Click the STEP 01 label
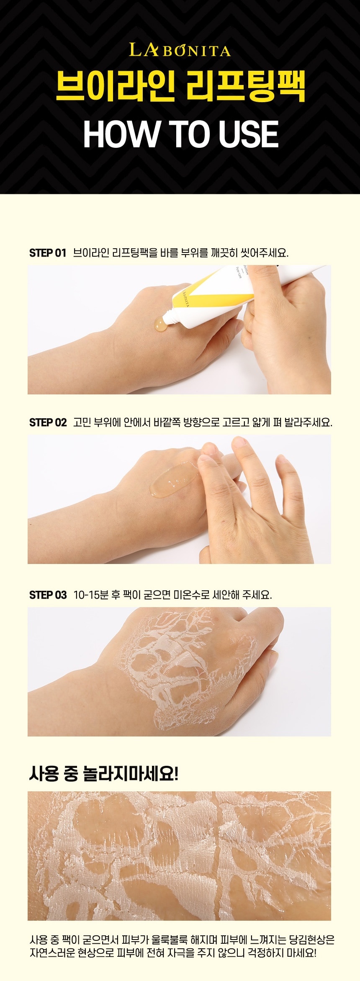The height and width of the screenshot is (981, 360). (x=48, y=253)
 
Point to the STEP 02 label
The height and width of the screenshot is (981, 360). (x=48, y=422)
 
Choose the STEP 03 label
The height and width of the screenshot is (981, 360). (x=48, y=595)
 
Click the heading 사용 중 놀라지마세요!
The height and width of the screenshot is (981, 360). (x=104, y=773)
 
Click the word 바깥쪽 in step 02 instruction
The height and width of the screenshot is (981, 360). (x=167, y=422)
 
